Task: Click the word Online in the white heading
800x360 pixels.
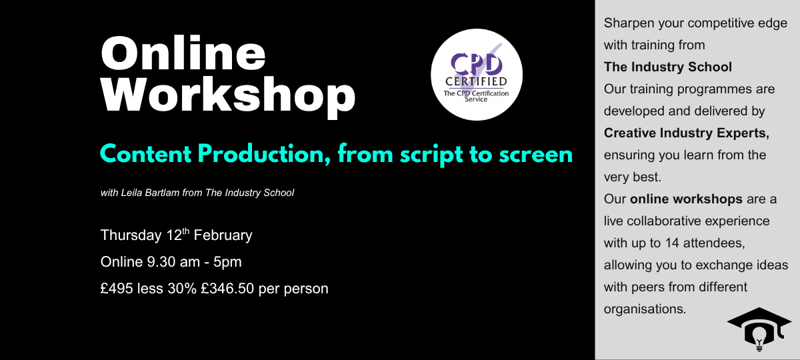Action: tap(183, 53)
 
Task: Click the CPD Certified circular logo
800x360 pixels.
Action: tap(477, 75)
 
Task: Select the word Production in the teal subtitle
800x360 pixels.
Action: tap(261, 154)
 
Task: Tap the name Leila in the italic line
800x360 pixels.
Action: tap(132, 193)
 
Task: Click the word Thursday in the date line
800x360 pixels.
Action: tap(131, 235)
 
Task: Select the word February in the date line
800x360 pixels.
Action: tap(223, 235)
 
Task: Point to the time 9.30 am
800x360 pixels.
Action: tap(173, 262)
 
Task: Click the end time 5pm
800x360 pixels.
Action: tap(227, 263)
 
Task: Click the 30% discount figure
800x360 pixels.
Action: tap(182, 289)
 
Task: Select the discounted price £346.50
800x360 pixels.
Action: tap(227, 289)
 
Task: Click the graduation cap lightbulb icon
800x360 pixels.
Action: tap(759, 329)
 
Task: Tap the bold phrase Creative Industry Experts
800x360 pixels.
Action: tap(687, 133)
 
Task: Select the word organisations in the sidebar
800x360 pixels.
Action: tap(645, 309)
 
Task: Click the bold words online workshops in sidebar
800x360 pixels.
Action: tap(686, 199)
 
